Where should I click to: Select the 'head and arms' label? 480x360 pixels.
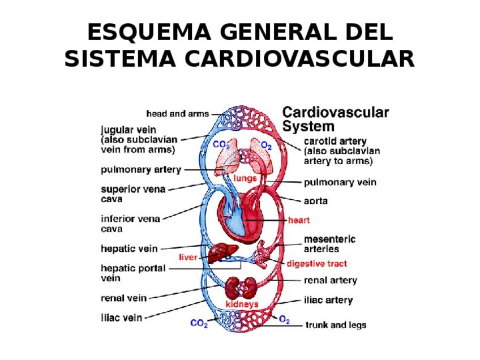177,114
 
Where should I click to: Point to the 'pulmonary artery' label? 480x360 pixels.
141,169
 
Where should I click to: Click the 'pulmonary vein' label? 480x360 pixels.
340,182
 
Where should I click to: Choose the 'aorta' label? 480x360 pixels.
316,201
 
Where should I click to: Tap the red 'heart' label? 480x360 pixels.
299,220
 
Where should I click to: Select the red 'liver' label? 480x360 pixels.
188,257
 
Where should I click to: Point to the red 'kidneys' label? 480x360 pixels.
242,305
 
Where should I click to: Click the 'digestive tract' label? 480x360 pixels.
316,264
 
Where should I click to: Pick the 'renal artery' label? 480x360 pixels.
331,280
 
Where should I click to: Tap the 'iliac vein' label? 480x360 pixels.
121,318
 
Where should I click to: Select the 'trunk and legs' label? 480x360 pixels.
336,325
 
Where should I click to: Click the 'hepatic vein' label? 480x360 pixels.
129,248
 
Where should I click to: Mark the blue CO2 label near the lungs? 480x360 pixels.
221,145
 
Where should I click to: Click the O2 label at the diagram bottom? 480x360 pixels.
284,321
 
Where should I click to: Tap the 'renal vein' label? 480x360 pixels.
123,298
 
